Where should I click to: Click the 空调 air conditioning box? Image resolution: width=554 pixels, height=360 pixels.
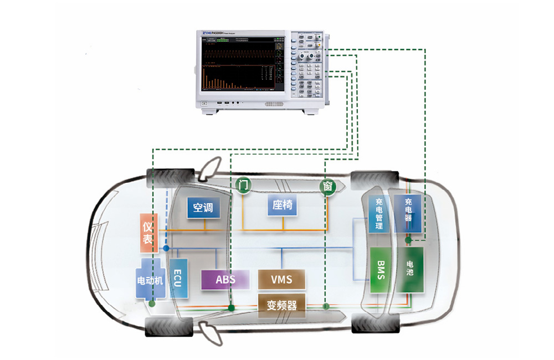point(203,208)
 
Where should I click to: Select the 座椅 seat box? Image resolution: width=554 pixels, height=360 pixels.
point(282,205)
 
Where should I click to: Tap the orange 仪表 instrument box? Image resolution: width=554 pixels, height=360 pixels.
point(147,233)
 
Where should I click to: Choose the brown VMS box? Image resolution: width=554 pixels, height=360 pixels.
point(281,279)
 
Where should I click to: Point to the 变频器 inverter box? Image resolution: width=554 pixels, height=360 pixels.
point(281,305)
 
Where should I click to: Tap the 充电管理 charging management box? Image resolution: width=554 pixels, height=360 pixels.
point(379,214)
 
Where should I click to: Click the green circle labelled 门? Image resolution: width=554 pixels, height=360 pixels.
point(242,185)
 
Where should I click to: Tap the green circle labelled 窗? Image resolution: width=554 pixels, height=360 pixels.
point(327,187)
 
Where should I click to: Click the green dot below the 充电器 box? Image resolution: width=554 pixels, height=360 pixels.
point(408,240)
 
